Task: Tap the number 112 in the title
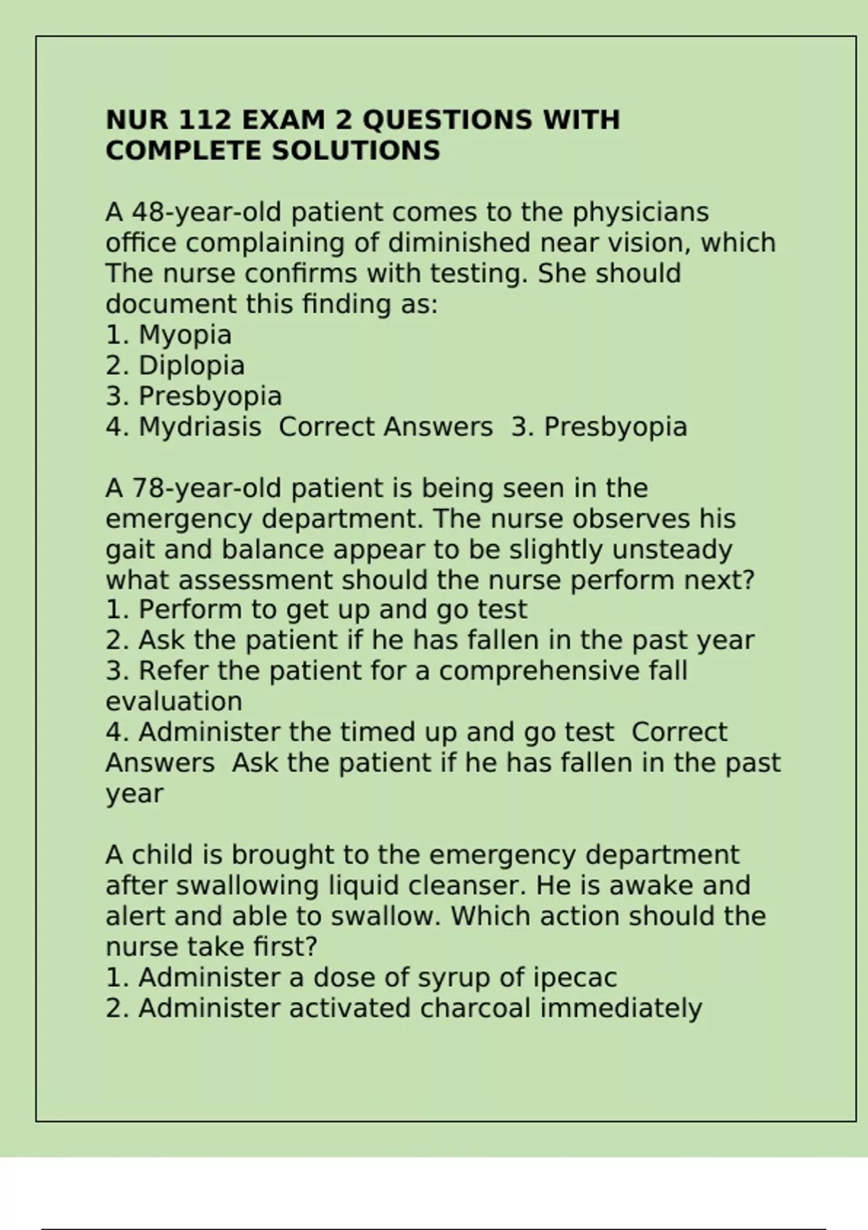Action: coord(203,120)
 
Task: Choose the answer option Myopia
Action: coord(184,335)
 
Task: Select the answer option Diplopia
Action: coord(191,365)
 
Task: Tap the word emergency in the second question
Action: coord(179,519)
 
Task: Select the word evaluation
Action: coord(174,702)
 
